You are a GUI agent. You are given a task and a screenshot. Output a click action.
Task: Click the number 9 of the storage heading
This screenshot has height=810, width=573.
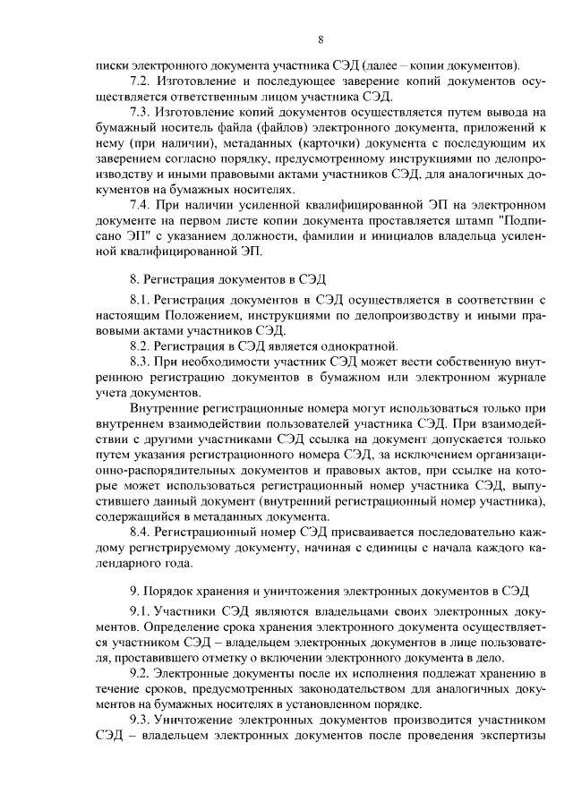(x=134, y=591)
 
